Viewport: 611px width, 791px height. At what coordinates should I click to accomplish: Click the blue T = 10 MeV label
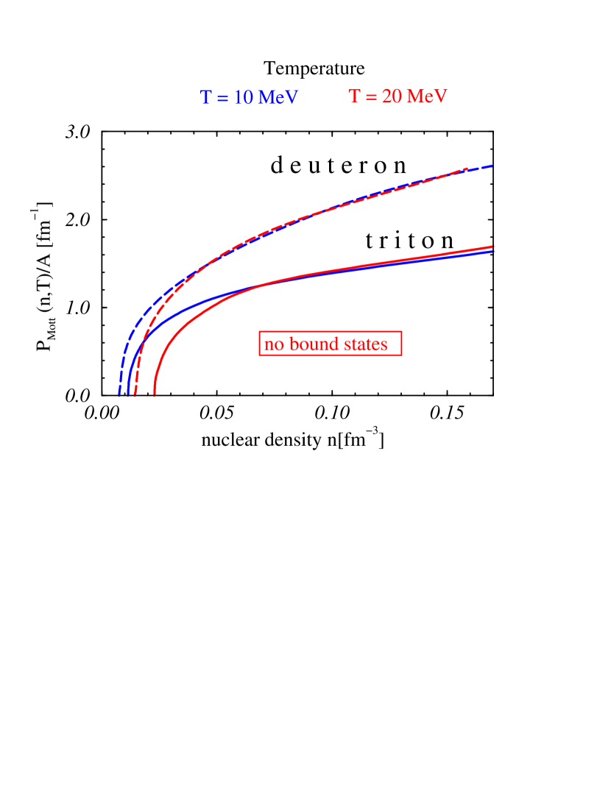249,98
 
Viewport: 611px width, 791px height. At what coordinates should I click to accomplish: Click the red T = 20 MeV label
398,96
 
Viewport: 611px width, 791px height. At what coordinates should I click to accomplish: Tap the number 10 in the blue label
244,98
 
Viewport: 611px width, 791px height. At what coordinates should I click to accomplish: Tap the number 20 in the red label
392,96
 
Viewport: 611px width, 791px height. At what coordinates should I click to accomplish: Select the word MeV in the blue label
278,98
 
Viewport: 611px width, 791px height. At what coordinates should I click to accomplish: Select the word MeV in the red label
427,96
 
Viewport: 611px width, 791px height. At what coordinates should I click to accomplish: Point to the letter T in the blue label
205,98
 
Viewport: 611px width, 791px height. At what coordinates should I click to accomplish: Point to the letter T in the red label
354,96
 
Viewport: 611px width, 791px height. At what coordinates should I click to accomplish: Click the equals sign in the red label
371,97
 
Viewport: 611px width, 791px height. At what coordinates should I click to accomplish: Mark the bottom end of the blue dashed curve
119,395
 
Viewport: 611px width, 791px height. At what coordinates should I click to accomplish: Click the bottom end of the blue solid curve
128,395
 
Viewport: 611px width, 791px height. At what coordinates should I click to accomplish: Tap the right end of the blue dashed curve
492,166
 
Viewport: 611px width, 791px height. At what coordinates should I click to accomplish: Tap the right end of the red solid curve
492,246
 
